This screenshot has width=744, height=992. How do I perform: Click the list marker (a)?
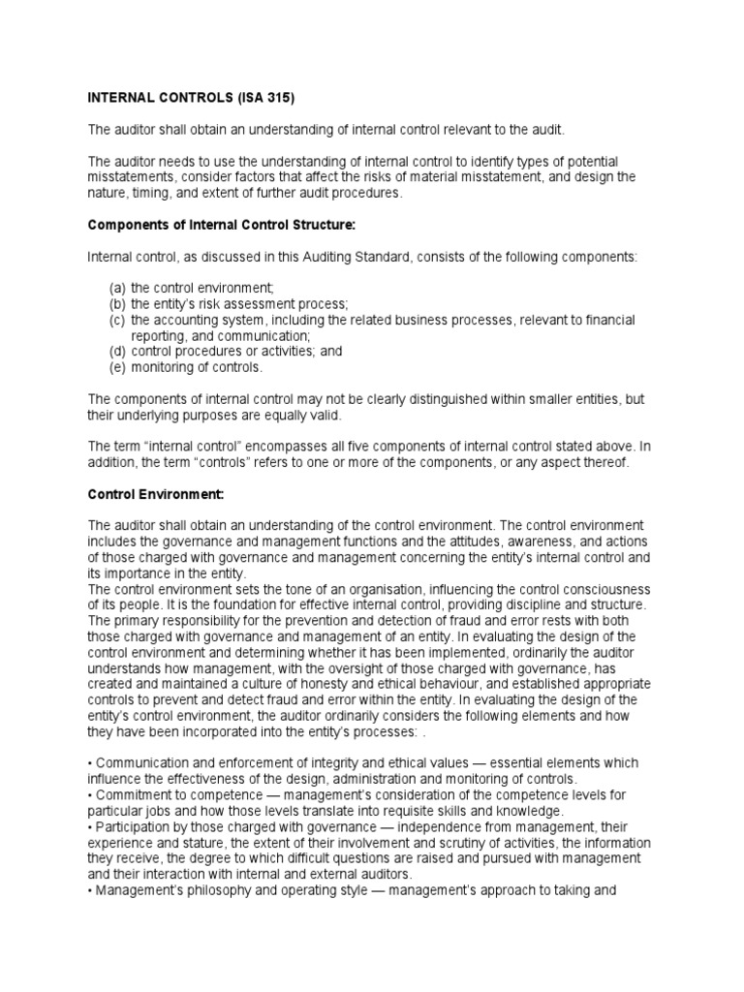point(116,289)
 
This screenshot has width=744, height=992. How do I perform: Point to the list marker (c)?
point(116,320)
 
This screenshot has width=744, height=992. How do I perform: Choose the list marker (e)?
point(116,367)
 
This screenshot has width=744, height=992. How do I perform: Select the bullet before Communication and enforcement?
point(90,762)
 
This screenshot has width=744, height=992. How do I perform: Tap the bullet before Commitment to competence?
point(90,793)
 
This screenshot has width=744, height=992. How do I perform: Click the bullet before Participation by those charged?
point(90,824)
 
